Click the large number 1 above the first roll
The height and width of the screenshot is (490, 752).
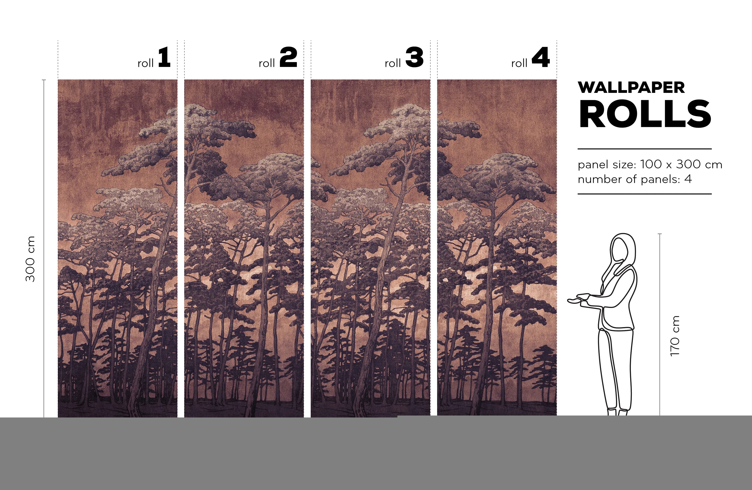coord(164,57)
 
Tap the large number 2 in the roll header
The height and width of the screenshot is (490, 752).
coord(289,57)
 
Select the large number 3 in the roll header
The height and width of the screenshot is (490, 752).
coord(415,57)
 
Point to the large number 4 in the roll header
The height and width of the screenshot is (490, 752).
coord(541,57)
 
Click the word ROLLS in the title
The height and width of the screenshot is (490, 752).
coord(645,114)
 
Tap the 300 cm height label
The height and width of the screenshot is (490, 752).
coord(30,259)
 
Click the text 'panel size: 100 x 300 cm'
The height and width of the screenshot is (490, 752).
coord(650,164)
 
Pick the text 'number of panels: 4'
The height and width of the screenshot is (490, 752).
coord(635,179)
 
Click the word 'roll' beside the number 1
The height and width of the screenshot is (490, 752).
coord(145,63)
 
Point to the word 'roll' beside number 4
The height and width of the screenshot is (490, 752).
coord(519,63)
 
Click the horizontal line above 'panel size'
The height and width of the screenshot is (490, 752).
coord(645,149)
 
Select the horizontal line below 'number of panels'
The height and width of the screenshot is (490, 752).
coord(645,194)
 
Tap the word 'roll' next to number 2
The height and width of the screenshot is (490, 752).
coord(267,63)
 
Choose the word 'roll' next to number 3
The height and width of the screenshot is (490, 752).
coord(393,63)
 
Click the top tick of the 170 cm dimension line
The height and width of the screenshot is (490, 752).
coord(660,234)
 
